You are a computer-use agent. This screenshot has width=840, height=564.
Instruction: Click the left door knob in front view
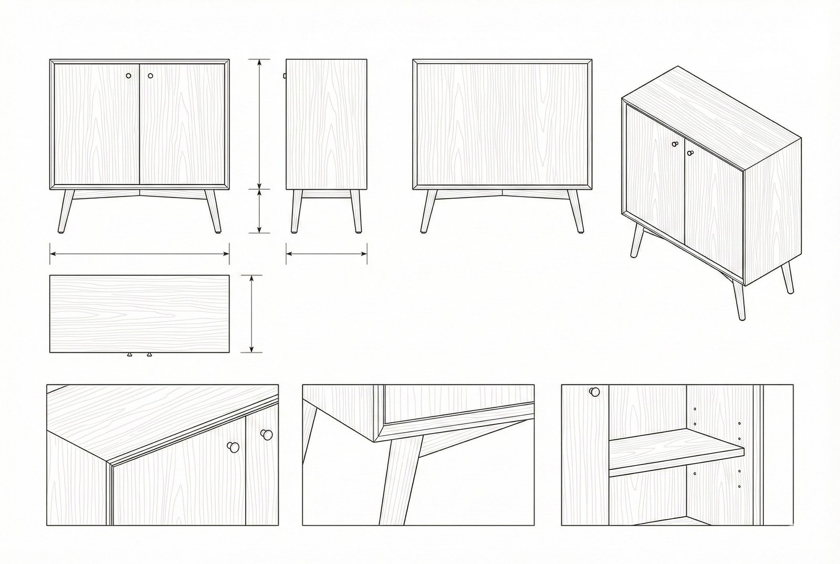click(x=129, y=76)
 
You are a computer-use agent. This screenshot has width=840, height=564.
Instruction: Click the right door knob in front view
click(x=151, y=76)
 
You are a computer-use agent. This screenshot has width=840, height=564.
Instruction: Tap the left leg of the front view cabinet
click(x=66, y=211)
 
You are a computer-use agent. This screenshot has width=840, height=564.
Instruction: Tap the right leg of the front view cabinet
click(x=213, y=211)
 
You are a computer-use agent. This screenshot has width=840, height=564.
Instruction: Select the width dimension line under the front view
click(x=139, y=254)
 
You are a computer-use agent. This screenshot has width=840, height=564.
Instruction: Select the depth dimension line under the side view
click(x=326, y=254)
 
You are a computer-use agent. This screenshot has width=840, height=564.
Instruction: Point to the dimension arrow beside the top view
click(x=252, y=313)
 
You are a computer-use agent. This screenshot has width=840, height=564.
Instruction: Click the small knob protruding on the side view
click(x=285, y=76)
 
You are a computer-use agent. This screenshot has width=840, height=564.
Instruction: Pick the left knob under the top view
click(x=129, y=355)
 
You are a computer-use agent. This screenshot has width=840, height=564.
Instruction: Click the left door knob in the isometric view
click(x=675, y=143)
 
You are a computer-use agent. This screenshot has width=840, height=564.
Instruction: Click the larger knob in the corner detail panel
click(x=233, y=447)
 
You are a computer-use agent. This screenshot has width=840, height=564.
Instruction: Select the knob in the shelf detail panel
click(x=594, y=392)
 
